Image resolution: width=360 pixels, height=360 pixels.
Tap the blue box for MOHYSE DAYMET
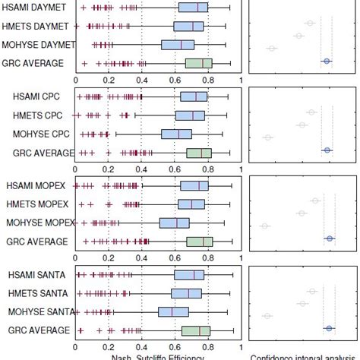pyautogui.click(x=178, y=45)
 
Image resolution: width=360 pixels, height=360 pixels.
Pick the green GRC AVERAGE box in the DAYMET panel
pyautogui.click(x=199, y=63)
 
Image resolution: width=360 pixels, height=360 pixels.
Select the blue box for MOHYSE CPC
pyautogui.click(x=175, y=134)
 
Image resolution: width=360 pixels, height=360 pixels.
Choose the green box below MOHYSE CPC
pyautogui.click(x=199, y=153)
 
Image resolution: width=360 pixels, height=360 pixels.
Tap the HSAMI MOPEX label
pyautogui.click(x=37, y=186)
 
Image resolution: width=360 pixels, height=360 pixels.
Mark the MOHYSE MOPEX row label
pyautogui.click(x=37, y=223)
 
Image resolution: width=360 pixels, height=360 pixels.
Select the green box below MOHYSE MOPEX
pyautogui.click(x=200, y=242)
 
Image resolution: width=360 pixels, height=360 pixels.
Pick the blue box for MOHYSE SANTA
pyautogui.click(x=174, y=311)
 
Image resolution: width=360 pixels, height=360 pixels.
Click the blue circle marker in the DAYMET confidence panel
pyautogui.click(x=326, y=61)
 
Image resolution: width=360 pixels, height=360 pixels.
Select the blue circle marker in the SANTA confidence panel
pyautogui.click(x=328, y=328)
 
